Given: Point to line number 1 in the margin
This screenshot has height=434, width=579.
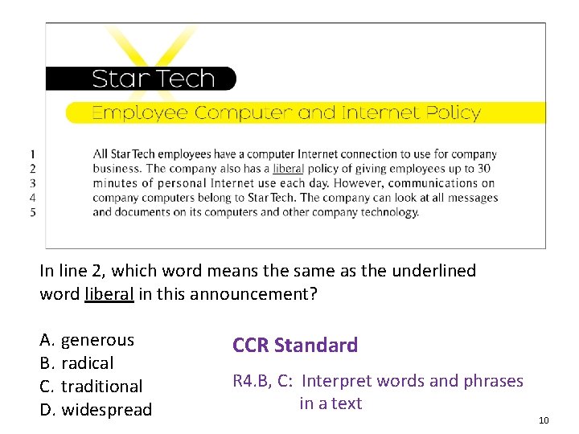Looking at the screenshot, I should coord(32,154).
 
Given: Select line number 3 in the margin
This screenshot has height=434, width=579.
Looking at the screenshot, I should coord(32,183).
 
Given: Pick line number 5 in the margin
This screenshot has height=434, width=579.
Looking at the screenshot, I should coord(32,212).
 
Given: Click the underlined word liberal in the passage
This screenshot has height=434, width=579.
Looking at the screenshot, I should coord(288,169).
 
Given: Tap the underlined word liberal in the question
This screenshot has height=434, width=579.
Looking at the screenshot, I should coord(109,294).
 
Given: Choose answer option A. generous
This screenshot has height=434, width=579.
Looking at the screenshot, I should coord(87,341).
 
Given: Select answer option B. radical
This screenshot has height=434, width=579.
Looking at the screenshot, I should coord(76,363).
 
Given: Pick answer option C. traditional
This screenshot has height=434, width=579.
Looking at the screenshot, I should coord(91,387).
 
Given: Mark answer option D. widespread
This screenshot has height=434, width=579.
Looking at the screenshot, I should coord(96,410).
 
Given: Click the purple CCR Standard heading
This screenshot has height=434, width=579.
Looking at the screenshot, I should coord(295,346).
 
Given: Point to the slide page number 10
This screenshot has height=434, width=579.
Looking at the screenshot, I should coord(544,420).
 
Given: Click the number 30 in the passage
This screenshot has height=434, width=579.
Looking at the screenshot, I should coord(483,169).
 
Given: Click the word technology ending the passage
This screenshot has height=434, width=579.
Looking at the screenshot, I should coord(390,212).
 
